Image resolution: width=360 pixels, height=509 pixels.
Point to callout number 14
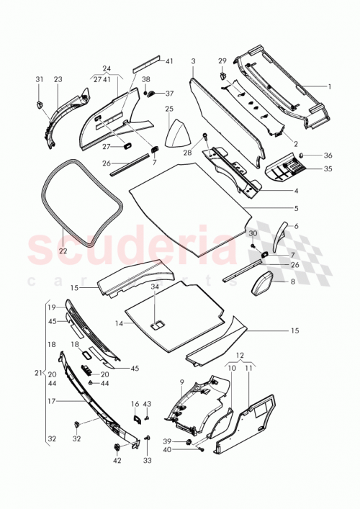pos(117,323)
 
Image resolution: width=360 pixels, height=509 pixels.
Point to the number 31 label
pos(39,79)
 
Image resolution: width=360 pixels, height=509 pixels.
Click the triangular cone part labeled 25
pos(176,134)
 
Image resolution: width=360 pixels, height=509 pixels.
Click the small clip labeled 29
pos(222,73)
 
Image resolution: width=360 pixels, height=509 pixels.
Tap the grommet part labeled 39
pos(189,441)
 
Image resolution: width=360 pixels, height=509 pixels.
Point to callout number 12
pos(239,355)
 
